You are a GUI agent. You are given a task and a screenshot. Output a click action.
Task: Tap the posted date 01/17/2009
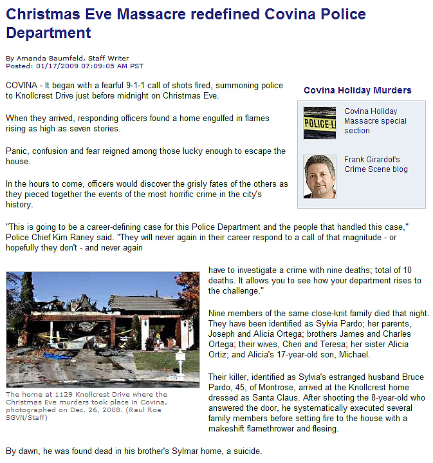[57, 66]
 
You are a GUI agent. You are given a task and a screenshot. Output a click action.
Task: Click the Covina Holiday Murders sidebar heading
[357, 90]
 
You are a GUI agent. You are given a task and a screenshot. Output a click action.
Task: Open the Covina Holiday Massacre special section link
[374, 120]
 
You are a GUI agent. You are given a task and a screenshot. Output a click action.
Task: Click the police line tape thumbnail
[319, 122]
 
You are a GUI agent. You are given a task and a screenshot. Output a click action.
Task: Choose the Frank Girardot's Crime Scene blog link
[376, 164]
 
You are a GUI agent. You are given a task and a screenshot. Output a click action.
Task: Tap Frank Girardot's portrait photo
[319, 176]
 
